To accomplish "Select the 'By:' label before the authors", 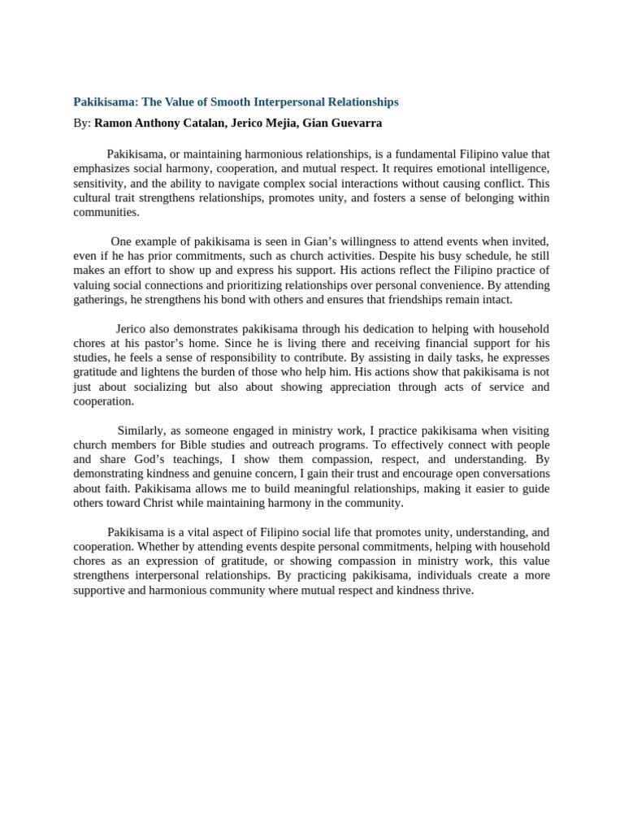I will pyautogui.click(x=82, y=123).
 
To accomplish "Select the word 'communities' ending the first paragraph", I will pyautogui.click(x=105, y=212).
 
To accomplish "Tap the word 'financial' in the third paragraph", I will pyautogui.click(x=436, y=344).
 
